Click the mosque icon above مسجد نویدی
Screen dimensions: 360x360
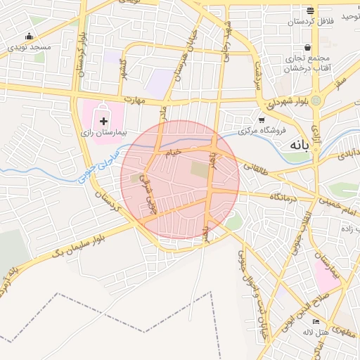tap(29, 37)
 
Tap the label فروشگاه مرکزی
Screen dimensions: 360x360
tap(263, 131)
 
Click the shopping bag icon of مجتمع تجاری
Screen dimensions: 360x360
tap(308, 49)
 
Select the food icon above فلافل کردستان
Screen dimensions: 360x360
tap(310, 11)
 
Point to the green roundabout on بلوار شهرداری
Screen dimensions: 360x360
tap(316, 101)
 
